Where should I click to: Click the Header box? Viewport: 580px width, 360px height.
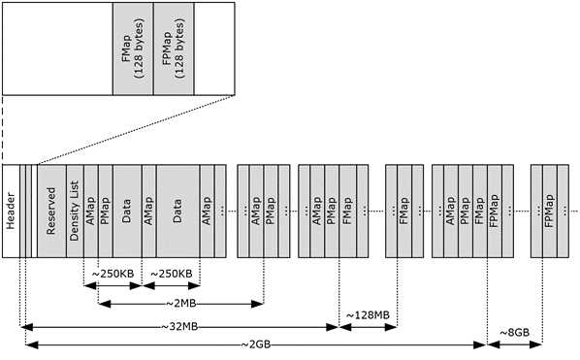pyautogui.click(x=11, y=211)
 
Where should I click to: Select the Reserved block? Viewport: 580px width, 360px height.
pyautogui.click(x=51, y=211)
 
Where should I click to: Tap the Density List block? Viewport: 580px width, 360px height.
pyautogui.click(x=75, y=211)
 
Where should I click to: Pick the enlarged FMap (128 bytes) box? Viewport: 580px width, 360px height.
pyautogui.click(x=133, y=49)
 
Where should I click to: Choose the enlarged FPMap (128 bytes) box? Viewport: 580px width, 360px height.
pyautogui.click(x=174, y=49)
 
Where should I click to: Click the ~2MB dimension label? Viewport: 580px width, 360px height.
pyautogui.click(x=180, y=304)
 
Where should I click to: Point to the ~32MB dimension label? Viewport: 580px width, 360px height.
pyautogui.click(x=179, y=327)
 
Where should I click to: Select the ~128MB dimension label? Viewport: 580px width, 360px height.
pyautogui.click(x=368, y=315)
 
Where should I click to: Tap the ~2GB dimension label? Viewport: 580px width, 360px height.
pyautogui.click(x=256, y=344)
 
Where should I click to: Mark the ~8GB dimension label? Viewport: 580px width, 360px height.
pyautogui.click(x=514, y=333)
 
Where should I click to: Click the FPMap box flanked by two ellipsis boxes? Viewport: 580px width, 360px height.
pyautogui.click(x=550, y=211)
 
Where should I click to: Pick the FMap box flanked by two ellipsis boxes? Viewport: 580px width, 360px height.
pyautogui.click(x=404, y=211)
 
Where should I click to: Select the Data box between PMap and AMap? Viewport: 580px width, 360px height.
pyautogui.click(x=127, y=211)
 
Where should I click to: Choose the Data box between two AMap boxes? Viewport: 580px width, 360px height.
pyautogui.click(x=177, y=211)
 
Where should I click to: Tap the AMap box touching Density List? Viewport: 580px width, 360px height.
pyautogui.click(x=91, y=211)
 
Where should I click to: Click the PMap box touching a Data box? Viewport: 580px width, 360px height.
pyautogui.click(x=106, y=211)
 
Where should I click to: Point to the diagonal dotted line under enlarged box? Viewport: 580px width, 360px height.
pyautogui.click(x=136, y=129)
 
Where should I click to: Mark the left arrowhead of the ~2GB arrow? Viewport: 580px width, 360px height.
pyautogui.click(x=32, y=344)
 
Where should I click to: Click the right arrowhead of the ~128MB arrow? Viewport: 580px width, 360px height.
pyautogui.click(x=391, y=327)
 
